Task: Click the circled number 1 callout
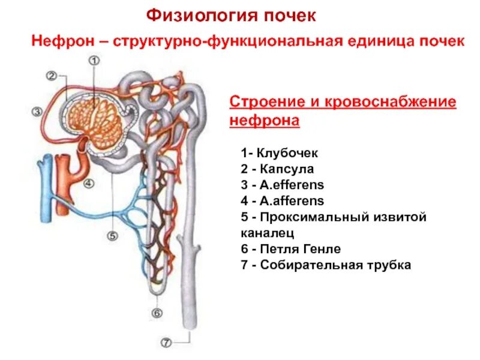point(94,61)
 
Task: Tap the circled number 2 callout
point(52,76)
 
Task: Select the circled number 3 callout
point(37,111)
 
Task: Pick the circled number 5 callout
point(112,236)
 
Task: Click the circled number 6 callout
point(157,313)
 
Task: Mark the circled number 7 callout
point(166,344)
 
